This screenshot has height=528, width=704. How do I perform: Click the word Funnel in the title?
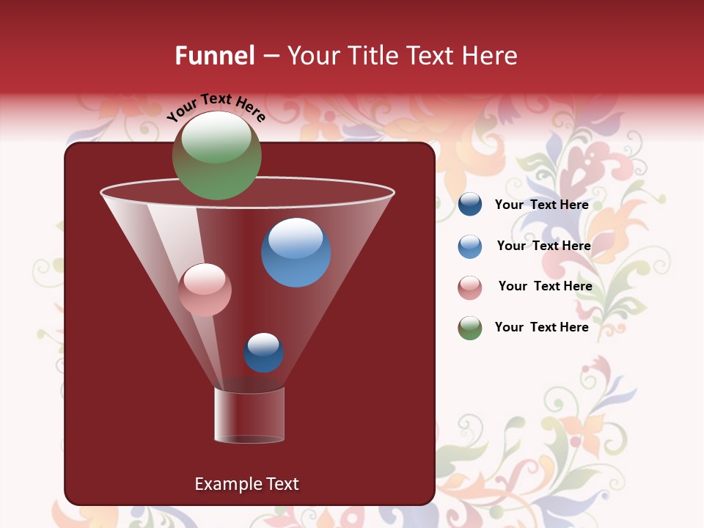point(214,56)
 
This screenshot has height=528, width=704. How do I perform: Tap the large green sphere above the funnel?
point(216,155)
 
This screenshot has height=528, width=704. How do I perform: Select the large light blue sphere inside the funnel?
point(296,252)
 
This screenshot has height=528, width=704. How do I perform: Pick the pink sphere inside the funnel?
point(205,290)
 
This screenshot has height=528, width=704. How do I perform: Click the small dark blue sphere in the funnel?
point(263,353)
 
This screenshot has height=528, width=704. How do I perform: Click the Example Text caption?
point(246,484)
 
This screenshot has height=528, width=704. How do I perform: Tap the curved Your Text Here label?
point(216,107)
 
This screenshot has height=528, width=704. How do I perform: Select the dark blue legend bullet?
point(470,205)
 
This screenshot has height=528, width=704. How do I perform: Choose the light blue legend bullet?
point(470,246)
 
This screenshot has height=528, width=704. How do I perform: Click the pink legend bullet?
point(470,287)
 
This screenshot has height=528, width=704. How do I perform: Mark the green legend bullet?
point(470,329)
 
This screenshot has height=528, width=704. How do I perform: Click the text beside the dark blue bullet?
point(541,205)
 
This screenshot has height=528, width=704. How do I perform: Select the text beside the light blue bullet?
point(543,246)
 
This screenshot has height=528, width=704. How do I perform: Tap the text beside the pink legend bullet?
point(545,286)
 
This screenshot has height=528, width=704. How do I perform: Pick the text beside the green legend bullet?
point(541,327)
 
